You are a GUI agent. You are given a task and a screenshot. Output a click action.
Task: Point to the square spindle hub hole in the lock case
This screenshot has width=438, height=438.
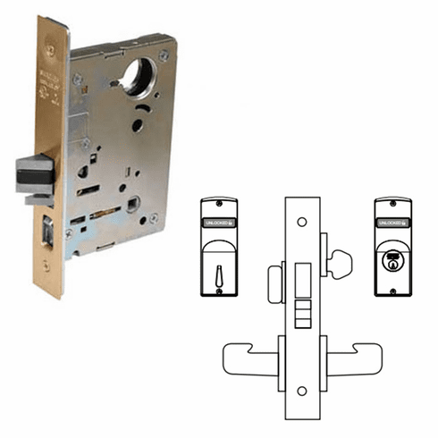click(x=135, y=204)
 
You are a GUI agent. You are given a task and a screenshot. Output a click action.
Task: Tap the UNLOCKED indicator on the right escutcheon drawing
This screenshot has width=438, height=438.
click(x=390, y=220)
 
